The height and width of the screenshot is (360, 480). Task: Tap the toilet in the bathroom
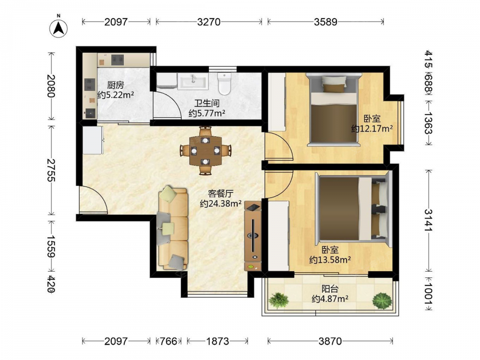[224, 83]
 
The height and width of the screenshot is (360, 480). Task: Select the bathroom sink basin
[193, 81]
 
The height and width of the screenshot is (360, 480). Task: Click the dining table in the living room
[205, 151]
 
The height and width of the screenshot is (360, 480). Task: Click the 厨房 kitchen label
[115, 85]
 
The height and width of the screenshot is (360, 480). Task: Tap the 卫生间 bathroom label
[207, 104]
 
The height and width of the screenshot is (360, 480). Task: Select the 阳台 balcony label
[330, 288]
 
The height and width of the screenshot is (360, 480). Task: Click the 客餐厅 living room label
[220, 193]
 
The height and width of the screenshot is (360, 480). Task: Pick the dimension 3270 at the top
[209, 22]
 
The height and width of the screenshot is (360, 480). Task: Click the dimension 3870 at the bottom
[330, 341]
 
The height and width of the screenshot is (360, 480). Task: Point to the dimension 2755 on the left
[51, 170]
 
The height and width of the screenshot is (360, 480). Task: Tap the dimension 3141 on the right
[428, 220]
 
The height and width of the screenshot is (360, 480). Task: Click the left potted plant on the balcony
[278, 300]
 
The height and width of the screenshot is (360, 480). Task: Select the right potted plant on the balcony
[382, 300]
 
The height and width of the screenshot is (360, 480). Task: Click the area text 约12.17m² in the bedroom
[372, 129]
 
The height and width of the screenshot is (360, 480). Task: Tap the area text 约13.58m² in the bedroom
[330, 260]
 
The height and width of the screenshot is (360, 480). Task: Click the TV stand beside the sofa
[253, 236]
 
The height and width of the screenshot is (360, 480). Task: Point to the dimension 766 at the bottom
[168, 341]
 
